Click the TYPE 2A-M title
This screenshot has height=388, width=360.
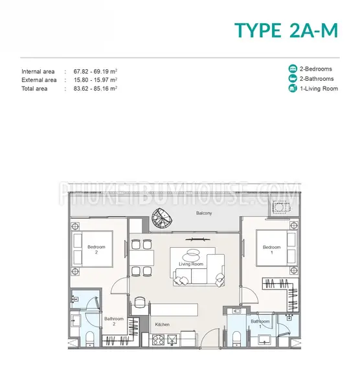point(286,30)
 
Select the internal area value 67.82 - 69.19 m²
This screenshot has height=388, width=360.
point(95,72)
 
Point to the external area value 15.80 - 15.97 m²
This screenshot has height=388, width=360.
point(95,80)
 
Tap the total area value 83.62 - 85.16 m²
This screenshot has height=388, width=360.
point(95,89)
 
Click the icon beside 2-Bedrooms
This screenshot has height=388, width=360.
point(293,69)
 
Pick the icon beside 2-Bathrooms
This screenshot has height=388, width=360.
point(293,79)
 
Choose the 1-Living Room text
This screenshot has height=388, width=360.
point(319,89)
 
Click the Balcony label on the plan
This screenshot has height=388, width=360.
point(204,213)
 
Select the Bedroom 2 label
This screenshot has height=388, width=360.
point(96,250)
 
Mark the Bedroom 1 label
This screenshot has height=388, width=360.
point(271,250)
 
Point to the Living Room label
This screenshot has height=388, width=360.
point(191,264)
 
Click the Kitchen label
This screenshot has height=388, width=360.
point(163,325)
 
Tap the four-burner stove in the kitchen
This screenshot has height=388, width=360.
point(158,339)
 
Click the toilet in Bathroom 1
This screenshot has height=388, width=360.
point(236,339)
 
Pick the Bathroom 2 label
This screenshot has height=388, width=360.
point(114,321)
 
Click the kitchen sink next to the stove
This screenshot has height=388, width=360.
point(172,339)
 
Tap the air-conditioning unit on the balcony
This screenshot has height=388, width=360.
point(281,207)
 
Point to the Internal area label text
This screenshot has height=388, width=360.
point(38,72)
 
